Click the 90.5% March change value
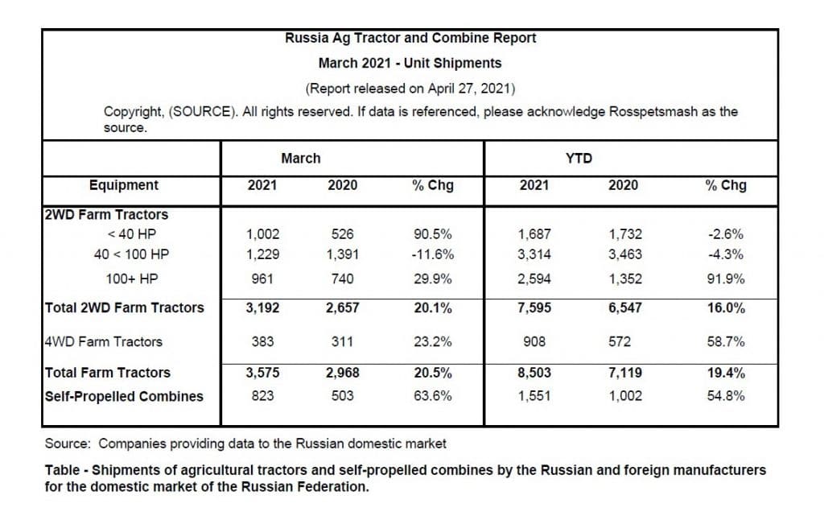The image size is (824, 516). [x=432, y=233]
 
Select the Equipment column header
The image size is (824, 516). [x=123, y=185]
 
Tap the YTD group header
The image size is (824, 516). [x=579, y=158]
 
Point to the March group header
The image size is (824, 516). [x=301, y=158]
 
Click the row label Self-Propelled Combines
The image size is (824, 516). [x=124, y=396]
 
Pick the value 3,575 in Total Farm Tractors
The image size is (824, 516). [x=262, y=373]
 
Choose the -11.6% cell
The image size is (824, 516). [x=432, y=254]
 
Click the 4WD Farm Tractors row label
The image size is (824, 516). [x=104, y=341]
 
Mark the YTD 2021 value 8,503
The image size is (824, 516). [x=534, y=373]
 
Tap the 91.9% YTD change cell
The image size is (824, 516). [x=726, y=279]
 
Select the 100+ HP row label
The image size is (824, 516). [x=131, y=279]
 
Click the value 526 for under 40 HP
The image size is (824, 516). [x=342, y=233]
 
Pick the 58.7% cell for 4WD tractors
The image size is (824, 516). [x=726, y=341]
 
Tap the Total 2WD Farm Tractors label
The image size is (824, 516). [x=124, y=308]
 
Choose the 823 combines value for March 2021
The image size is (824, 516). [x=262, y=396]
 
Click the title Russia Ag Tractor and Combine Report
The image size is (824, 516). [x=410, y=39]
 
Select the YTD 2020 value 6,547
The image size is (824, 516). [x=624, y=308]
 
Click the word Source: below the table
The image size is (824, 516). [x=68, y=444]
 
